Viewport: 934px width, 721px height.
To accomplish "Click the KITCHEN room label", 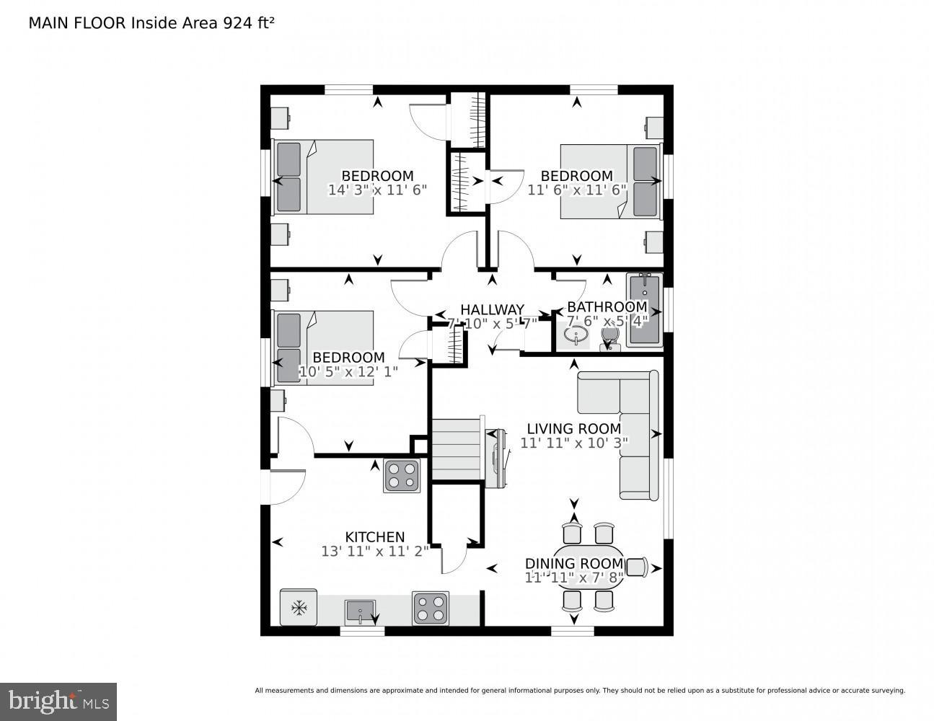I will coord(374,537).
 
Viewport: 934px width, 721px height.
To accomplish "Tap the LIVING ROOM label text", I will coord(573,429).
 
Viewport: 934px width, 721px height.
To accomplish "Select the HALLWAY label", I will coord(493,310).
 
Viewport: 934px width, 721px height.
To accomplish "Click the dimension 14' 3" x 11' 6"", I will coord(377,190).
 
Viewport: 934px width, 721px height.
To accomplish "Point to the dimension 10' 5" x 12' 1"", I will coord(348,372).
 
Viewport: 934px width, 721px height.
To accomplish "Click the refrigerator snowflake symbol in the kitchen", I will coord(298,608).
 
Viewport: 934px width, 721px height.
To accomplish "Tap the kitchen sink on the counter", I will coord(360,611).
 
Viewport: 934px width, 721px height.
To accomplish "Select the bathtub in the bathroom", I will coord(644,310).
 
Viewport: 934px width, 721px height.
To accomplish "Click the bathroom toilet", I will coord(610,340).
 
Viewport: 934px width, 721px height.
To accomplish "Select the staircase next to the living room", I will coord(456,448).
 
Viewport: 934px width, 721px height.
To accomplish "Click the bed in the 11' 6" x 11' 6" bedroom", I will coord(610,182).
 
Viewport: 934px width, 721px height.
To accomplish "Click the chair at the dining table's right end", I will coord(635,567).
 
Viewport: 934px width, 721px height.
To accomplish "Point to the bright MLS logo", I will coord(58,700).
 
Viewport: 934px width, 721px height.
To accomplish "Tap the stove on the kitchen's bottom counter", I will coord(430,608).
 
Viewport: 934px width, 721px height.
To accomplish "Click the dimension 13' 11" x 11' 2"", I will coord(375,552).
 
